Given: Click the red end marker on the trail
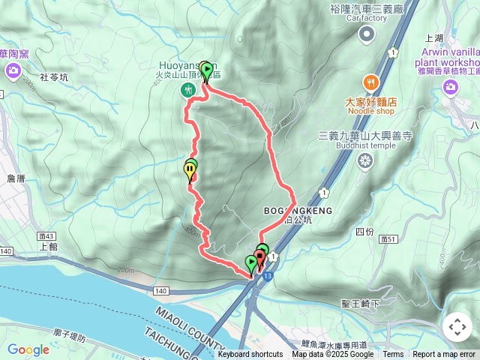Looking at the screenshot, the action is click(259, 260).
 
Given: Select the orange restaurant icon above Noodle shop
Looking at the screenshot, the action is click(370, 82).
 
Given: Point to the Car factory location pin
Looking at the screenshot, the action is click(367, 34).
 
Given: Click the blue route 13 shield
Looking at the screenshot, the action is click(268, 275).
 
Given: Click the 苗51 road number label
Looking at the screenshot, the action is click(388, 238).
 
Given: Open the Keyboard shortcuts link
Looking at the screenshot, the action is click(250, 355).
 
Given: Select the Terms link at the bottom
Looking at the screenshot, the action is click(393, 355).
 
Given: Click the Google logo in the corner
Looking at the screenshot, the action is click(28, 349).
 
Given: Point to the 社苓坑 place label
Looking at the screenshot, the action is click(53, 77).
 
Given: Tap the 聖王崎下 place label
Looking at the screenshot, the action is click(361, 303).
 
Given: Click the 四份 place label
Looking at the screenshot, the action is click(364, 231).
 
